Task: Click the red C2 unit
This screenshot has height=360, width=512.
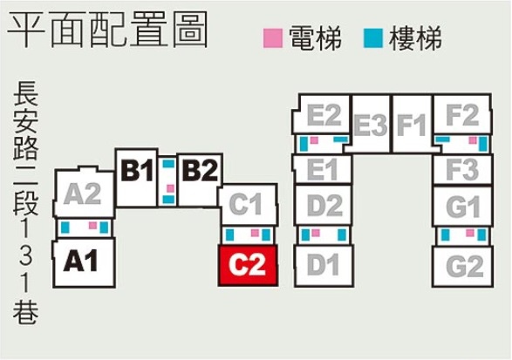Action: coord(249,266)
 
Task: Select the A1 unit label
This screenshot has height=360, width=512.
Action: coord(80,262)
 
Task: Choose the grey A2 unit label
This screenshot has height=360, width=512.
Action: coord(82,194)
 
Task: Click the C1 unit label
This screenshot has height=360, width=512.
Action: coord(246,204)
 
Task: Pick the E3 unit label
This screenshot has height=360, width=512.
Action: coord(371,125)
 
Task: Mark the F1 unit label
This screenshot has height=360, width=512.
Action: coord(412,125)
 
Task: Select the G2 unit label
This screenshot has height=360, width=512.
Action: coord(465,266)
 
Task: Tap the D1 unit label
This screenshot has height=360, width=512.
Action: coord(323,265)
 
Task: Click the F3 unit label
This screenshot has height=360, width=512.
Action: coord(462,170)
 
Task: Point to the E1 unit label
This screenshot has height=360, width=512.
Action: coord(322,169)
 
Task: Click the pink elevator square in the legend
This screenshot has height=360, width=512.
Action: coord(273,38)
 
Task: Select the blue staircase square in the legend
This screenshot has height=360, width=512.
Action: coord(373,38)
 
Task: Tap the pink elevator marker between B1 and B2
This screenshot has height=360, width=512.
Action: coord(170,188)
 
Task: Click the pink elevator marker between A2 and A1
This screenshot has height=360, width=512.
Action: coord(93,225)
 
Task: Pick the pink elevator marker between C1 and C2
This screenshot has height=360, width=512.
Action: coord(255,233)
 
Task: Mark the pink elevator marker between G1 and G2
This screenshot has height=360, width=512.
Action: coord(470,233)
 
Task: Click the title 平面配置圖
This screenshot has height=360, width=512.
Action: coord(107,30)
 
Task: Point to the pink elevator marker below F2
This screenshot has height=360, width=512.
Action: coord(473,140)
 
